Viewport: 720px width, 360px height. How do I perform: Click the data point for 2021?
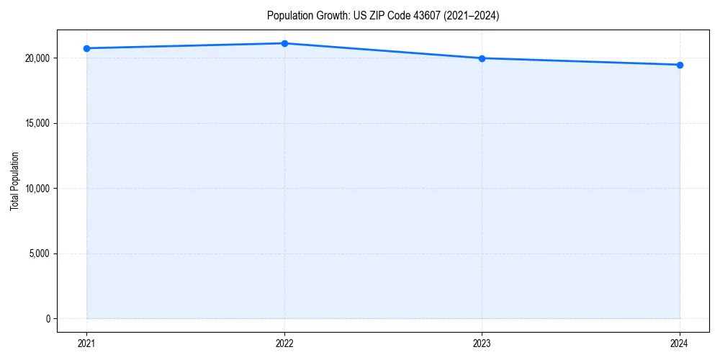coord(86,48)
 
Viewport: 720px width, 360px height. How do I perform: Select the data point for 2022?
coord(284,43)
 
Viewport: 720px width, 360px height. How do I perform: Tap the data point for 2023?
coord(482,58)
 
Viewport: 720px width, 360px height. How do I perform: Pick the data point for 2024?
coord(680,65)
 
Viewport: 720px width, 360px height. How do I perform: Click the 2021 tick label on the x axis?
coord(86,343)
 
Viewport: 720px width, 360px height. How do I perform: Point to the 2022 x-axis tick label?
coord(284,343)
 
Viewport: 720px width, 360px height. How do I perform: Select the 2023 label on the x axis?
coord(482,343)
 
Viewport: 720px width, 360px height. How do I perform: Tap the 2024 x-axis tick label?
coord(680,343)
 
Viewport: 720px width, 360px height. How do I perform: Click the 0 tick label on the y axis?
coord(47,319)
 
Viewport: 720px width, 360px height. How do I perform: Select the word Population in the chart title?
coord(289,16)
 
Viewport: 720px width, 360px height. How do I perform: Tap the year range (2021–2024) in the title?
coord(469,16)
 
